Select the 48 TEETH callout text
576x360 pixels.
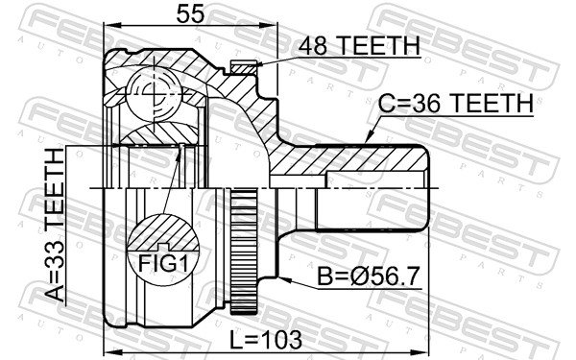coord(359,45)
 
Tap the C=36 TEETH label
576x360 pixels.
coord(454,104)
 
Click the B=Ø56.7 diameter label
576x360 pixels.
coord(368,279)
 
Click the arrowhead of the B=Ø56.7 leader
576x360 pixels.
coord(286,277)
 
